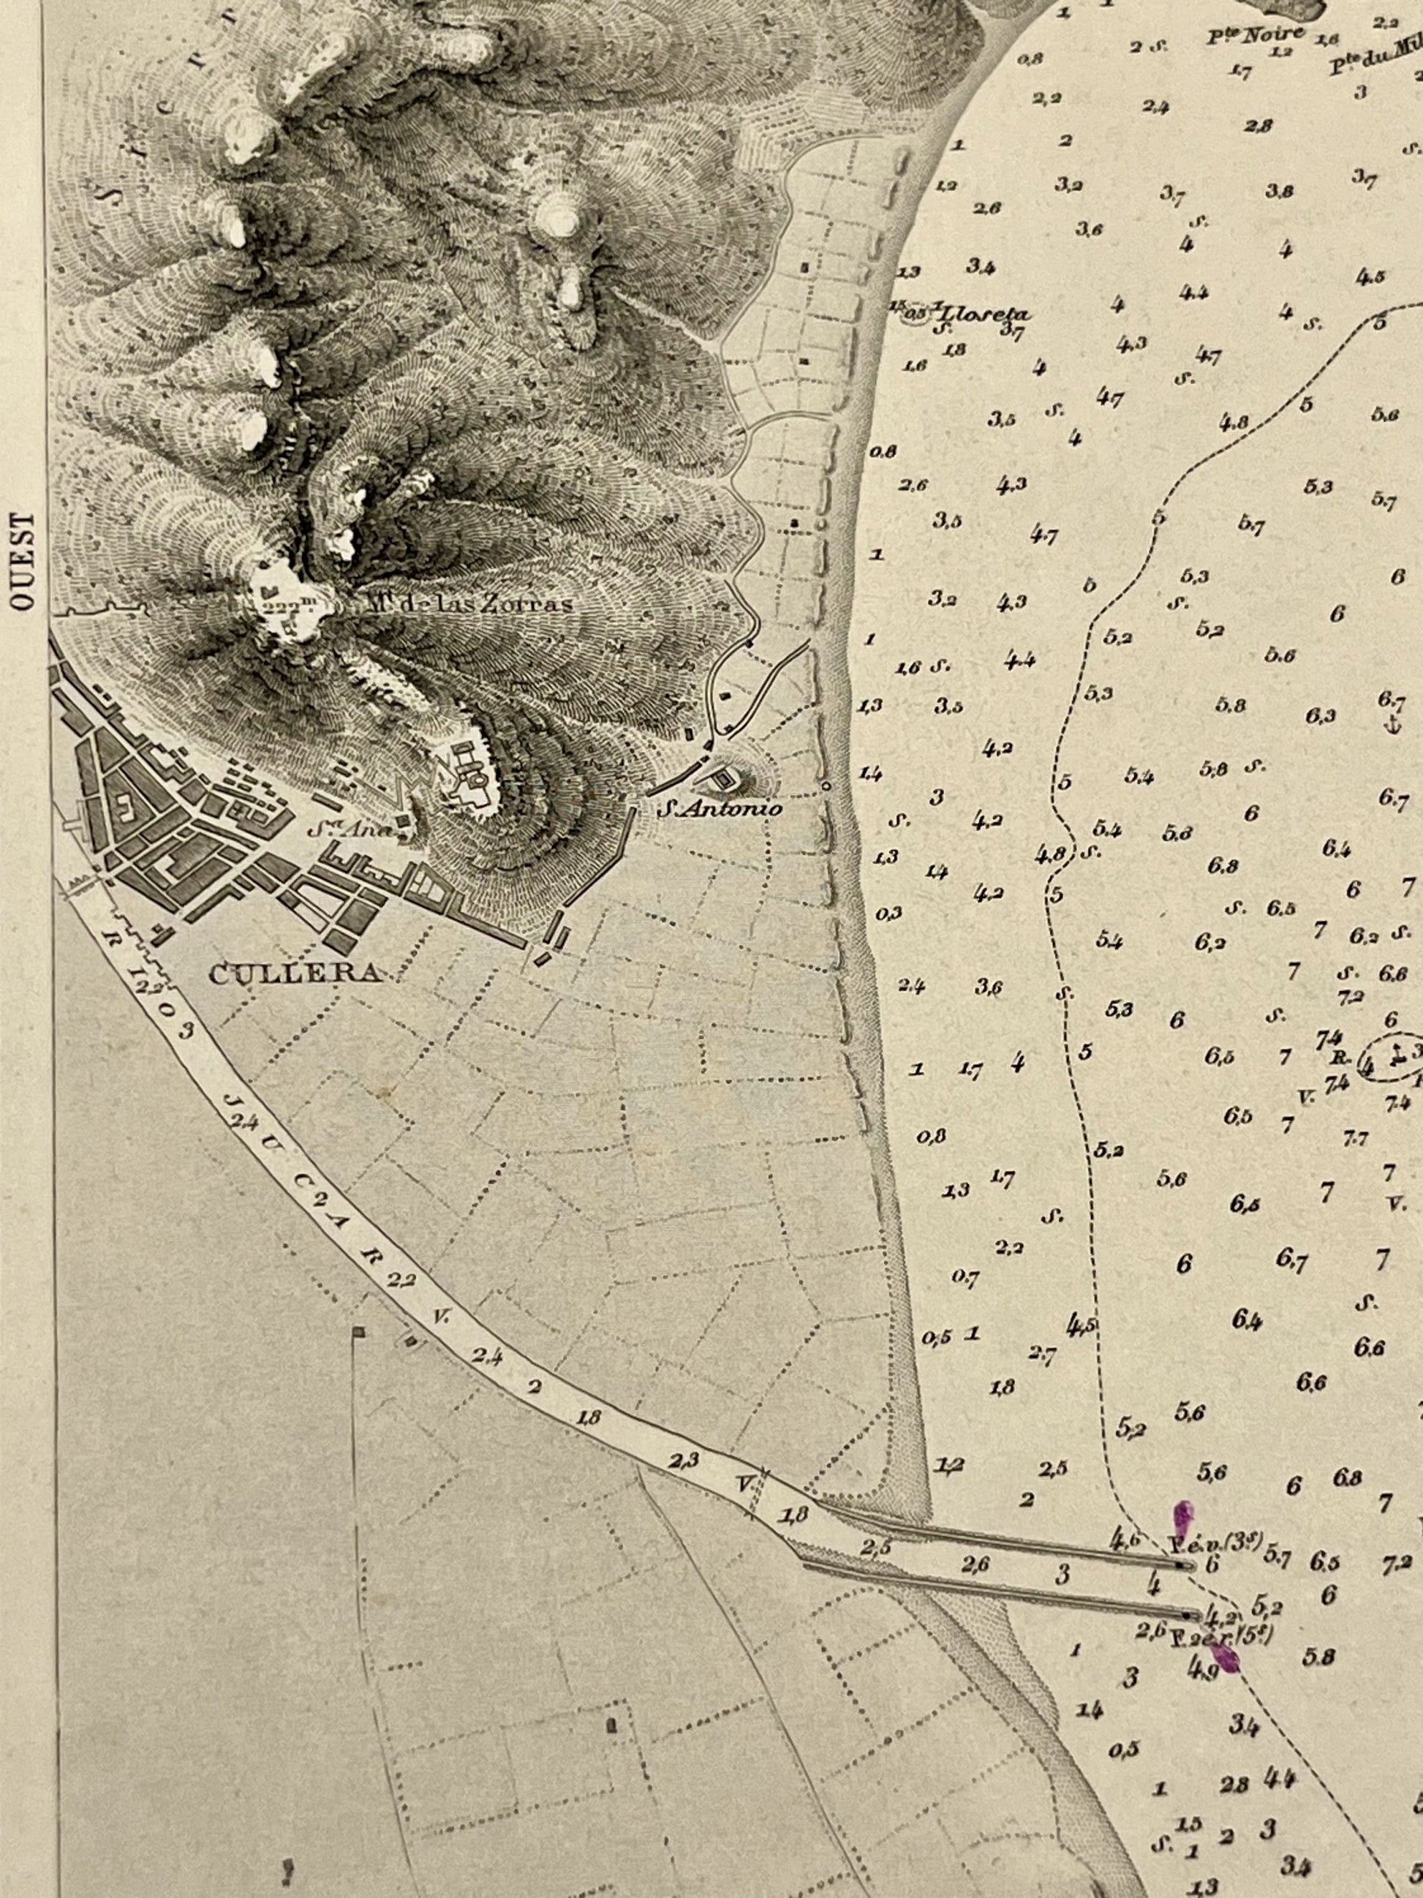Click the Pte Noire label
[1255, 35]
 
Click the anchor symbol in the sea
[1392, 726]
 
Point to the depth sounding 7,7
[1355, 1138]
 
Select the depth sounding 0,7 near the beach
[965, 1278]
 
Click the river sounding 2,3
[685, 1458]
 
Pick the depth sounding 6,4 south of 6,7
[1246, 1319]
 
